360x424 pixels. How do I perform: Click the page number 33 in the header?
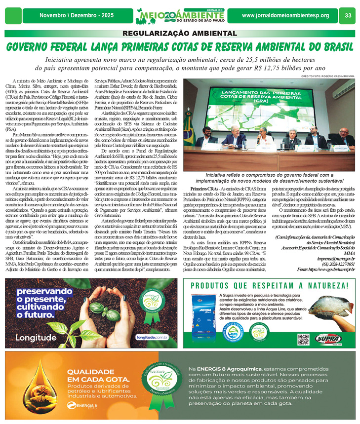[348, 15]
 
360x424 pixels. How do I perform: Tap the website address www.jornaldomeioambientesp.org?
[285, 15]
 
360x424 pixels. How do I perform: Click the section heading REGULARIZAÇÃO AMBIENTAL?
[180, 34]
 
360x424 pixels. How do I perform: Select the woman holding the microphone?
[262, 137]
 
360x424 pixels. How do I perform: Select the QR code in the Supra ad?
[303, 339]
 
